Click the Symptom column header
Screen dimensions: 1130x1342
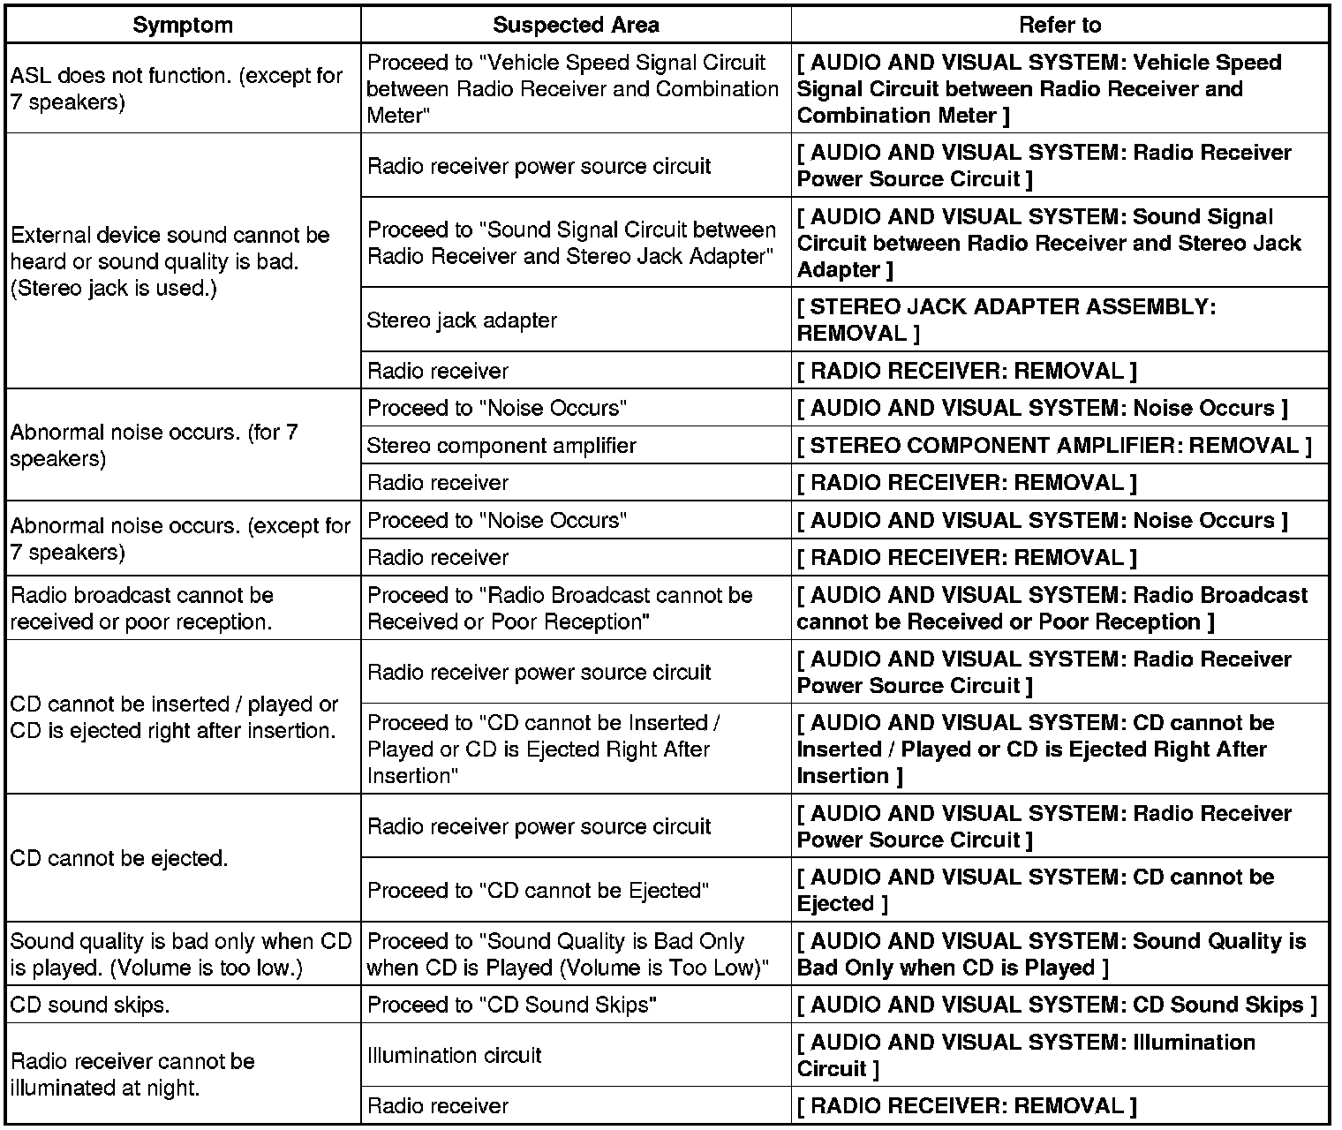183,25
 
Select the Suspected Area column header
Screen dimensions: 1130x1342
576,25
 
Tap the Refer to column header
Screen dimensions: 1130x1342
1059,25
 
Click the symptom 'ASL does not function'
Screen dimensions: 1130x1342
177,88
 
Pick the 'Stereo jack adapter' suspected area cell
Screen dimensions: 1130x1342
462,320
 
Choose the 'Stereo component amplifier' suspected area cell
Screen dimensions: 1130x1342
501,445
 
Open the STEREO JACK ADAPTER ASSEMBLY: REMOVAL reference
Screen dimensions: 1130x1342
1006,320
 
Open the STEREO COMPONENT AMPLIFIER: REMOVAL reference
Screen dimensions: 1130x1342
1054,445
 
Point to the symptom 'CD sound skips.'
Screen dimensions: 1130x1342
89,1005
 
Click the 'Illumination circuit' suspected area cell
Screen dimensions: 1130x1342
454,1055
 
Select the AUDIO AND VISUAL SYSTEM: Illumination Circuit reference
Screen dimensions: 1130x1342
1026,1055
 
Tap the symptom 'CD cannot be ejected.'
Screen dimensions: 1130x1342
119,858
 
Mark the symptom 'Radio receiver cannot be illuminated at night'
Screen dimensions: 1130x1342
132,1074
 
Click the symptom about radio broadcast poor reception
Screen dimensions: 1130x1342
141,608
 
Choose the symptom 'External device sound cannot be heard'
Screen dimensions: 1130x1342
170,261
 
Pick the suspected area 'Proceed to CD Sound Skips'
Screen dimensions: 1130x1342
512,1005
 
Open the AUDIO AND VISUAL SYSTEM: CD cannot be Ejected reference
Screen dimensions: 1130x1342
1035,890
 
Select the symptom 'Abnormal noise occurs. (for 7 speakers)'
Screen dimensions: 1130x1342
155,445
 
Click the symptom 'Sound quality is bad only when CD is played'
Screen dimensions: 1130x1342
181,954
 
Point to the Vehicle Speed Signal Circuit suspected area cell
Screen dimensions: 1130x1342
572,88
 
